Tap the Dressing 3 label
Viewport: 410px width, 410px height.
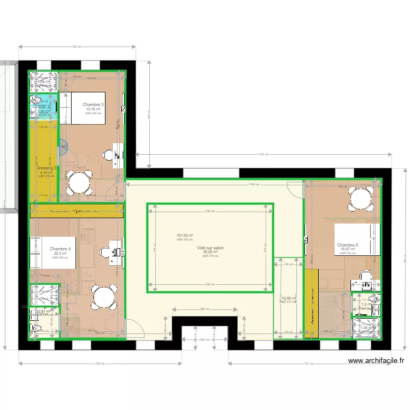click(47, 168)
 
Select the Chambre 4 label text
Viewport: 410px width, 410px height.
click(60, 249)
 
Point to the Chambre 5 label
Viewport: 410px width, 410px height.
click(348, 245)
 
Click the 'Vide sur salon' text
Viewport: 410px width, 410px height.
click(210, 248)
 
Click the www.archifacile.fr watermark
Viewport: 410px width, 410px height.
click(376, 361)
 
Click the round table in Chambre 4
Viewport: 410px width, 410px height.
click(103, 298)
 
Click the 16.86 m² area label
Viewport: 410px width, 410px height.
click(288, 298)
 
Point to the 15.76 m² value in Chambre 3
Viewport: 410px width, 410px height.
click(93, 109)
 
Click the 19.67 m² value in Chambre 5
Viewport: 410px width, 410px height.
click(348, 249)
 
